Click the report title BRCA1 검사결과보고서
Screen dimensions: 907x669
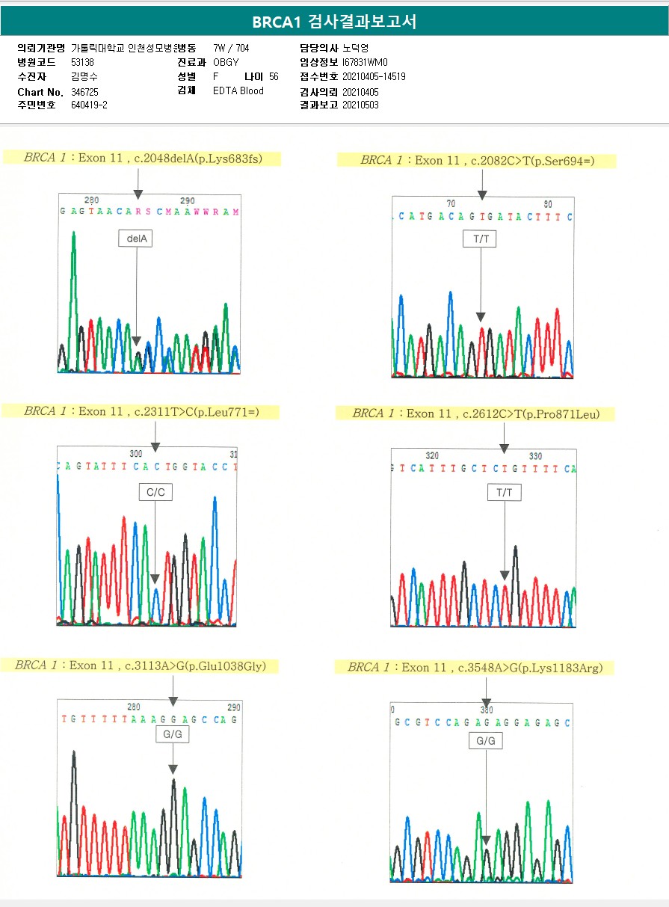coord(334,22)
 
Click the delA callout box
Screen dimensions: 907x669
coord(136,239)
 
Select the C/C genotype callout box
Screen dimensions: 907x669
coord(155,491)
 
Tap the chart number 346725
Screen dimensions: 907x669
coord(84,91)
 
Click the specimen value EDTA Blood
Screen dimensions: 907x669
coord(238,90)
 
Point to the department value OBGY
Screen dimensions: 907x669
coord(226,62)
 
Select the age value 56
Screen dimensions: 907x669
coord(274,76)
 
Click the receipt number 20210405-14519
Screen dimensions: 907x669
coord(374,76)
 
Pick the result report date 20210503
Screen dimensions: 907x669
coord(360,105)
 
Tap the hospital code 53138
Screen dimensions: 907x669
coord(82,62)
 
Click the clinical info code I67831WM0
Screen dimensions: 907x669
coord(366,62)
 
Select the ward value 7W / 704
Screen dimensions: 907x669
coord(231,48)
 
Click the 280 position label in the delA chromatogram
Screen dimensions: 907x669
coord(91,200)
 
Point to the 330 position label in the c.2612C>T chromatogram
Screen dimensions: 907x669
coord(535,455)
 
